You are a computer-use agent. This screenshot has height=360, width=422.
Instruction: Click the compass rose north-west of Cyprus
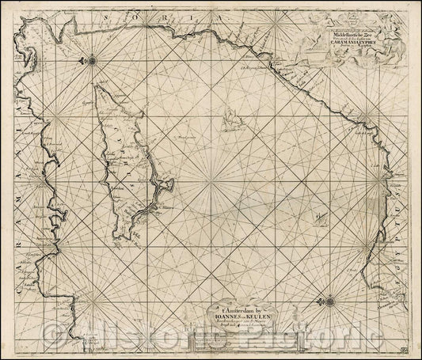pos(93,59)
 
